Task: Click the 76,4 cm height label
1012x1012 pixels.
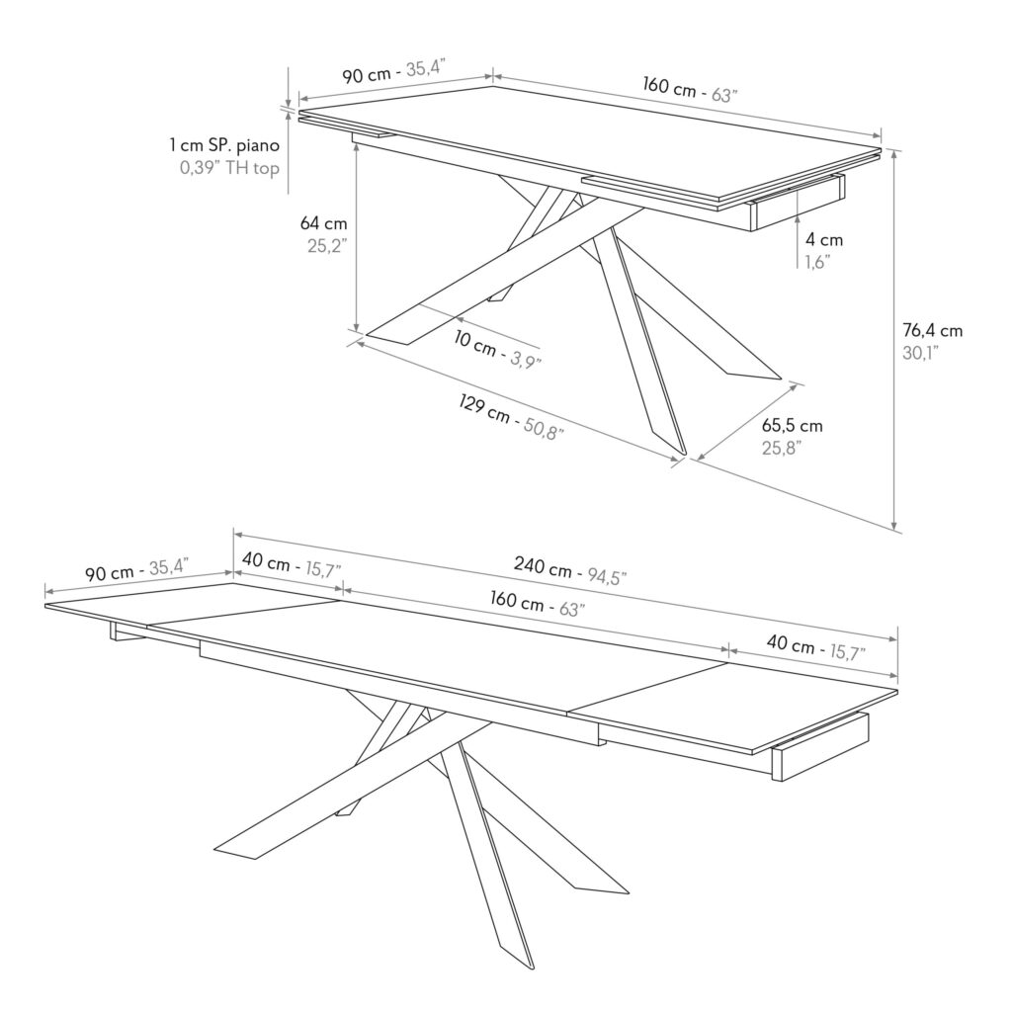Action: [932, 330]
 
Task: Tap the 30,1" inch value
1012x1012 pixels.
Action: [920, 353]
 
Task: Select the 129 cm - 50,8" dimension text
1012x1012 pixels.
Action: [511, 423]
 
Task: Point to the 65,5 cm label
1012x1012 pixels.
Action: [792, 426]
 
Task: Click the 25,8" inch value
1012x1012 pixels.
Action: [781, 448]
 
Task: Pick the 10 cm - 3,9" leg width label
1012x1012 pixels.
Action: [497, 353]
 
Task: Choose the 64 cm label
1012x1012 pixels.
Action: [323, 223]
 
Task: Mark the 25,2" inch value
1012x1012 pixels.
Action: [326, 245]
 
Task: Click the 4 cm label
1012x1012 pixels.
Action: [824, 239]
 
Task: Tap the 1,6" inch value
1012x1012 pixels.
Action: [816, 261]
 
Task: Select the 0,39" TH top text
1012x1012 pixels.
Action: [229, 167]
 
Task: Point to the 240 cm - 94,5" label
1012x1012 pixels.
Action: [570, 570]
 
